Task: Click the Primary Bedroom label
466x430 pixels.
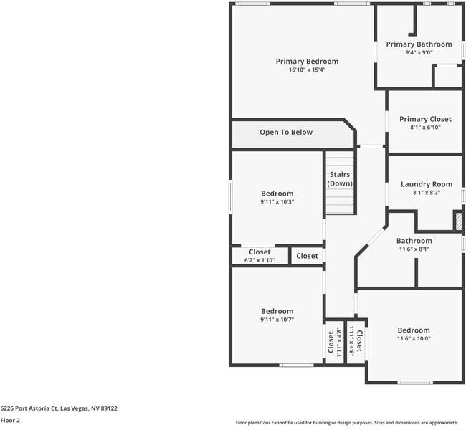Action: click(307, 61)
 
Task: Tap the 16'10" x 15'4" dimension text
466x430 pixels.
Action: click(308, 70)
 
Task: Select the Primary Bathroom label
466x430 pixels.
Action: click(419, 44)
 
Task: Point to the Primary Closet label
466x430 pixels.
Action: click(425, 119)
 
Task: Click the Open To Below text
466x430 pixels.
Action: click(286, 133)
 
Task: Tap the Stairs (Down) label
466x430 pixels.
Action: click(340, 179)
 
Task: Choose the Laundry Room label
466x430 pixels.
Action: click(427, 184)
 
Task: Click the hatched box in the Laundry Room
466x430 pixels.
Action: click(459, 221)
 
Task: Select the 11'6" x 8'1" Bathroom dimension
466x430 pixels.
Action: click(414, 249)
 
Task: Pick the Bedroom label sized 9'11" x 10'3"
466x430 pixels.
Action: click(277, 193)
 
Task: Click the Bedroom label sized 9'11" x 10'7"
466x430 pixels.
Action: click(277, 311)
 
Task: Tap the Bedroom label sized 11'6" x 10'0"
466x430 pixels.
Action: click(414, 330)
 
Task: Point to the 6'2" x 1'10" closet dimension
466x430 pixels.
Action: click(260, 260)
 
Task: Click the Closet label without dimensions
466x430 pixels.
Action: click(307, 256)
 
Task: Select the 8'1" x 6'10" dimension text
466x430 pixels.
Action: click(426, 128)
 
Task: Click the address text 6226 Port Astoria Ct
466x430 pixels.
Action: click(29, 408)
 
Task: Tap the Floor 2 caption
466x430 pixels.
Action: click(10, 421)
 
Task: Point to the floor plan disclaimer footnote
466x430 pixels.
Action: click(347, 423)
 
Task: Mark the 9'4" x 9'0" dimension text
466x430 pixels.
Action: click(419, 52)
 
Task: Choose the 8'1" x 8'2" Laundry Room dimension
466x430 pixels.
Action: click(427, 193)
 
